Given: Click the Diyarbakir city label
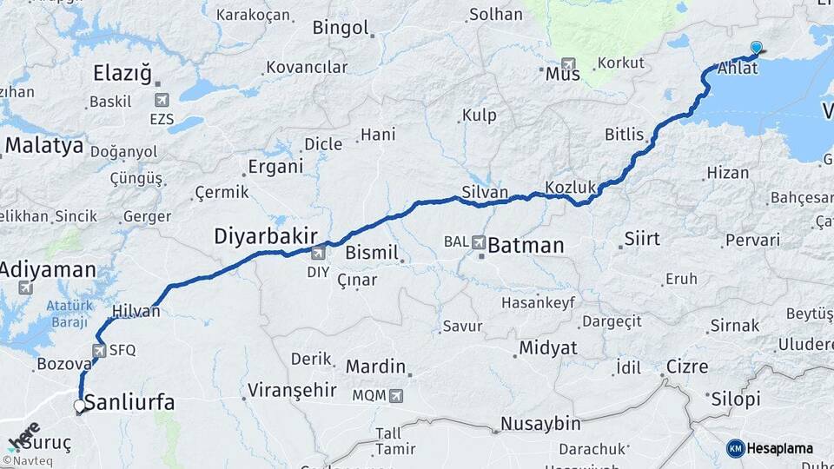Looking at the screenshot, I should (x=266, y=235).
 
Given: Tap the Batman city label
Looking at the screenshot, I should (x=526, y=245).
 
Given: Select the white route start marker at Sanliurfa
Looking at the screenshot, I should (x=80, y=406).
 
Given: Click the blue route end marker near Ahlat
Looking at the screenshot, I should (x=756, y=48).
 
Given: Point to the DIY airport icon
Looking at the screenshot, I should (x=318, y=253).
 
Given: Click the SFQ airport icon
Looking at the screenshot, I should (x=98, y=351).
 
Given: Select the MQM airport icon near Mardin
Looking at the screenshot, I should (x=397, y=395).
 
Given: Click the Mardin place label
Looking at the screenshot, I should (x=375, y=367).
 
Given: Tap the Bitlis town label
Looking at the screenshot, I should (x=625, y=135).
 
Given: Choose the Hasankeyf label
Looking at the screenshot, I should (x=538, y=303).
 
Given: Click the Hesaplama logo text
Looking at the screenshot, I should (x=780, y=448).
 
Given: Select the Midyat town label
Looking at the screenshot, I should (x=547, y=348).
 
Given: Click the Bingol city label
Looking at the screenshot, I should (x=341, y=28).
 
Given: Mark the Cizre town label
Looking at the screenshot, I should (x=686, y=367).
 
